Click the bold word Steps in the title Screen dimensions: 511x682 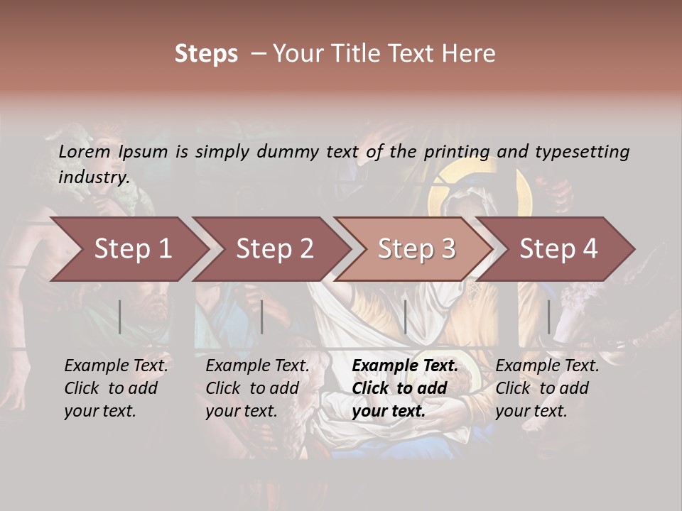[x=206, y=54]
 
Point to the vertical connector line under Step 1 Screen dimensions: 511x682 [x=120, y=317]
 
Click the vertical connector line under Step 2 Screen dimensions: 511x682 [x=262, y=317]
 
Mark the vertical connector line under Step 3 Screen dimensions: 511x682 [x=405, y=317]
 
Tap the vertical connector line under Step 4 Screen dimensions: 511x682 [x=548, y=317]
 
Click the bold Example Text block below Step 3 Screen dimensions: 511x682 [x=405, y=388]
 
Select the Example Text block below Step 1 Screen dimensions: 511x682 [x=116, y=388]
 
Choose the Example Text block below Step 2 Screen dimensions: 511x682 [x=257, y=388]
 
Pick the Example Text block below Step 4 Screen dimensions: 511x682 [x=547, y=388]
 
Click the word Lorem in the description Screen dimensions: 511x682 [x=85, y=151]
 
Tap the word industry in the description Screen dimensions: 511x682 [x=93, y=177]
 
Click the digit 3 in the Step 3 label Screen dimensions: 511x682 [x=448, y=248]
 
